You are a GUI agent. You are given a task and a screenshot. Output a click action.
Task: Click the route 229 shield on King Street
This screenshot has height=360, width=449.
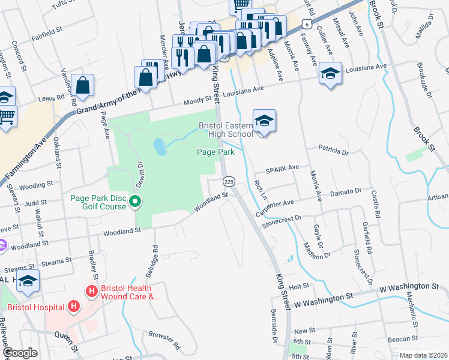(228, 181)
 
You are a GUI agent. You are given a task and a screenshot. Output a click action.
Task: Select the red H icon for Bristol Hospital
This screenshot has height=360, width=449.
(74, 307)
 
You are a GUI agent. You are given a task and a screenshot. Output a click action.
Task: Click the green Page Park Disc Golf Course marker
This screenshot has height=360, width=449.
(136, 201)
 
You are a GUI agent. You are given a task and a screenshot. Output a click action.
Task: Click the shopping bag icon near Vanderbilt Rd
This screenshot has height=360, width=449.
(82, 85)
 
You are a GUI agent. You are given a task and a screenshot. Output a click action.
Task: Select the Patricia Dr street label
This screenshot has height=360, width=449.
(333, 150)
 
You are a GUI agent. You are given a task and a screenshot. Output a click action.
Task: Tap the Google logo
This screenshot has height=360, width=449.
(20, 353)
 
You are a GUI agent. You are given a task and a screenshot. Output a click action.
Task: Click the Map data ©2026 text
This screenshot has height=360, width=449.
(423, 355)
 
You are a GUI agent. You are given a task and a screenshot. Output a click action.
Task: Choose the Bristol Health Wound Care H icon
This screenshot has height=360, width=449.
(92, 292)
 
